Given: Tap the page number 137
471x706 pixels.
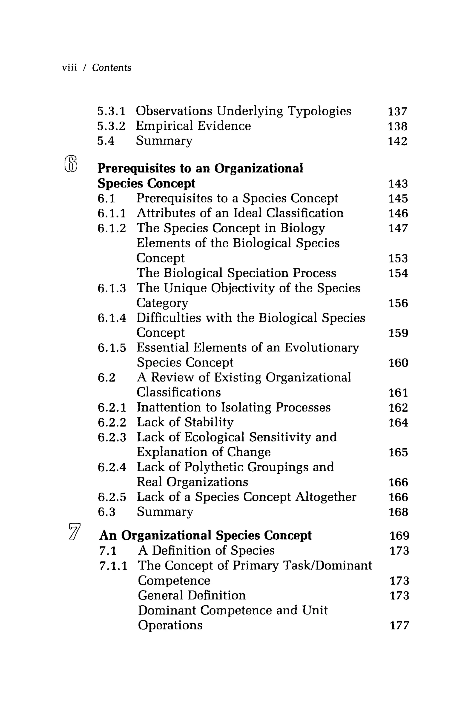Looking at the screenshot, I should click(397, 111).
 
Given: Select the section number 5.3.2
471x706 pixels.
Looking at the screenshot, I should click(111, 126).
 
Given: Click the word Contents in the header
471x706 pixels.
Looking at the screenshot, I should click(112, 68).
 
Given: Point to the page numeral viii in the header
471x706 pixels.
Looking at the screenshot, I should click(69, 68).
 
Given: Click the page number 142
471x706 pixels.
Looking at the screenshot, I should click(397, 141).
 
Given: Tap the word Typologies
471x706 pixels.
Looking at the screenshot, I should click(319, 111).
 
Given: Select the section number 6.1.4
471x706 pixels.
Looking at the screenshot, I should click(112, 318).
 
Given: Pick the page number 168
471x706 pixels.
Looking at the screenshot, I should click(398, 512).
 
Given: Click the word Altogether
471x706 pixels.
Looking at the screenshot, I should click(326, 497).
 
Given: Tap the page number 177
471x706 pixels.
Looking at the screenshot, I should click(399, 626).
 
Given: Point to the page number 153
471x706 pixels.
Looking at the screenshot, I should click(398, 259).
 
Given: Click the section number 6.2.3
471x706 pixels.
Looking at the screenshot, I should click(112, 437).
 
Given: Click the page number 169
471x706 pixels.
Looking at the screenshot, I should click(399, 536).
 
